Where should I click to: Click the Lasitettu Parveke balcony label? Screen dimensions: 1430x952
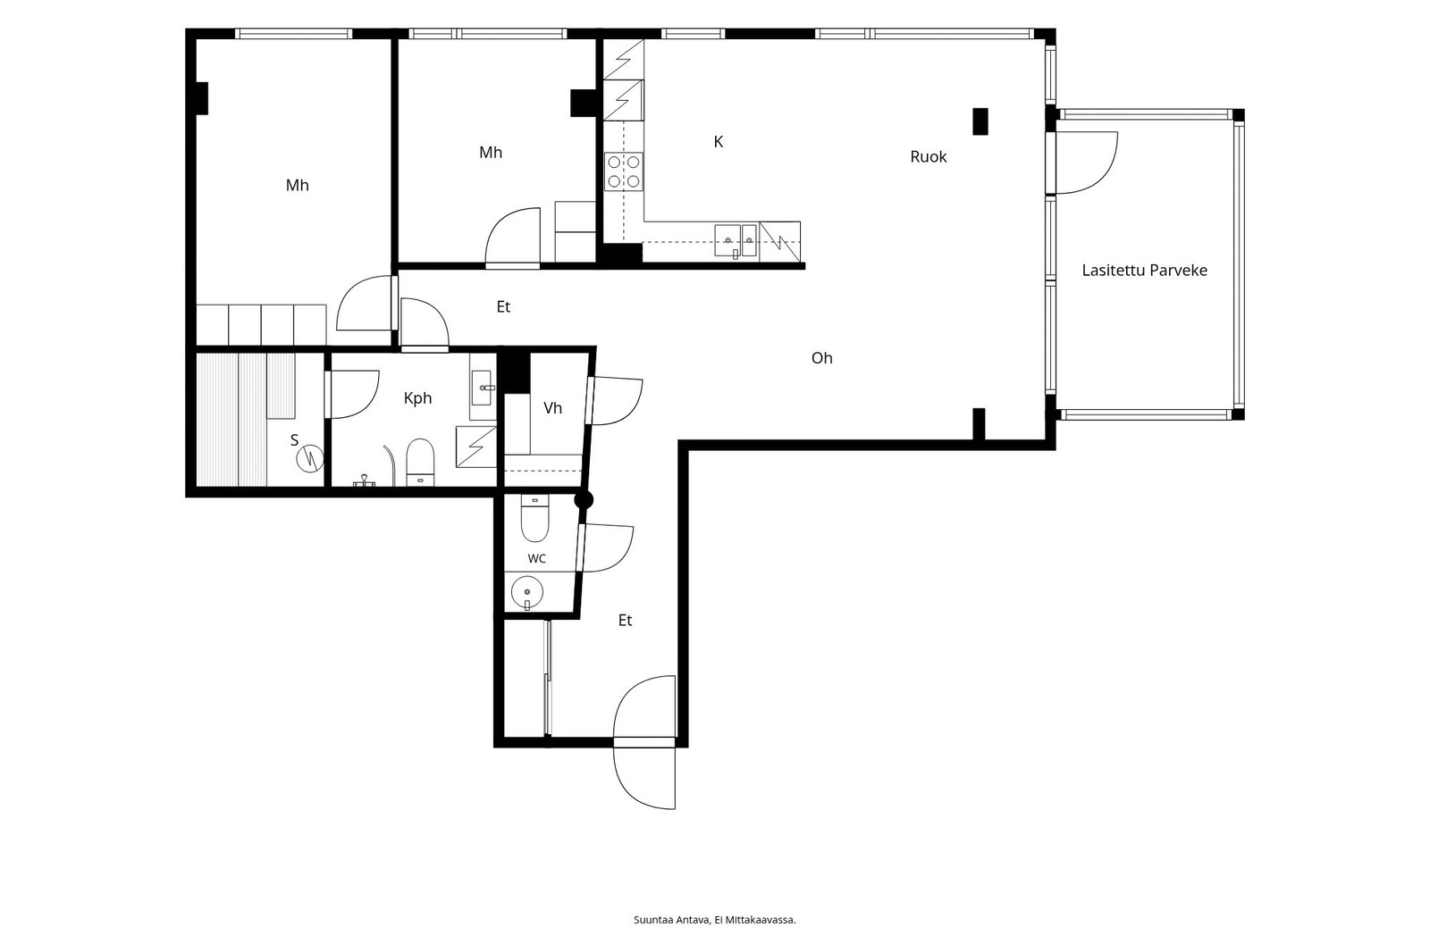coord(1144,271)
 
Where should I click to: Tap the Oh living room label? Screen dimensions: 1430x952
coord(821,358)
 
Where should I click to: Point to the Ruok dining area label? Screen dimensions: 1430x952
coord(929,157)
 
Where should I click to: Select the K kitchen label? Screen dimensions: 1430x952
coord(719,142)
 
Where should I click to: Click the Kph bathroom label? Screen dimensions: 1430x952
coord(417,399)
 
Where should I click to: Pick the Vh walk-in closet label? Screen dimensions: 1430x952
coord(552,408)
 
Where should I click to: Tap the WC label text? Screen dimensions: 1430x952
coord(536,559)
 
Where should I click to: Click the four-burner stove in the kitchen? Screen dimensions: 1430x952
coord(624,171)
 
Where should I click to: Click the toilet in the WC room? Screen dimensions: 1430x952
coord(534,517)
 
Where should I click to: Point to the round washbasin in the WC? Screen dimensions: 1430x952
coord(526,593)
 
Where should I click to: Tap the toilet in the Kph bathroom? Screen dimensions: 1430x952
coord(420,462)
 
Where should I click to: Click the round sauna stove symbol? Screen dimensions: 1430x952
coord(309,458)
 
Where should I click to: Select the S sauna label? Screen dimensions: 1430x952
coord(294,440)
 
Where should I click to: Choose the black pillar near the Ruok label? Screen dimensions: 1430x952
coord(980,121)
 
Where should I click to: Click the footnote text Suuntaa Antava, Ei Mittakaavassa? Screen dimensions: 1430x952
coord(714,920)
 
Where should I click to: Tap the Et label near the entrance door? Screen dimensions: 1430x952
coord(625,620)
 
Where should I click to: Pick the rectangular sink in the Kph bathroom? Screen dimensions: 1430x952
coord(482,388)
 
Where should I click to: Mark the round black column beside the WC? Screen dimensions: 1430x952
coord(584,500)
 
